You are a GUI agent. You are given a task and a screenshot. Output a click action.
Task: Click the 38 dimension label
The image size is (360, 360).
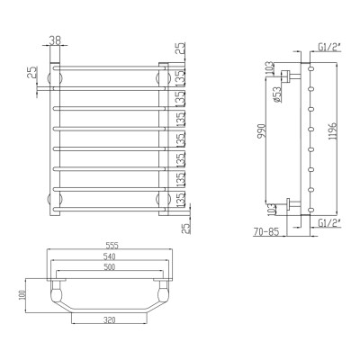(x=55, y=40)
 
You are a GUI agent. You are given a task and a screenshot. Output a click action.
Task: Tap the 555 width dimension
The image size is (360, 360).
(x=112, y=246)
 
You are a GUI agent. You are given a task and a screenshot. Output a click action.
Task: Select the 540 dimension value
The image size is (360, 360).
(x=110, y=256)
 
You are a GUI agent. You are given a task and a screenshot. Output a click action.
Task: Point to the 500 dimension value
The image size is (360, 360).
(x=109, y=266)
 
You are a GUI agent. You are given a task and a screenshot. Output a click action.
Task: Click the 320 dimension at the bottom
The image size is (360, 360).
(x=109, y=319)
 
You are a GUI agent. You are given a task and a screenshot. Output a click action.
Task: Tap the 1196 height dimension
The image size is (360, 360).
(x=336, y=130)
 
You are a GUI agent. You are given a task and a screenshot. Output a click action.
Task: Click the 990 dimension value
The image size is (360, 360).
(x=262, y=130)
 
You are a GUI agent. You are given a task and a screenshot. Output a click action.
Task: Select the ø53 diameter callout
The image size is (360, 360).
(x=277, y=94)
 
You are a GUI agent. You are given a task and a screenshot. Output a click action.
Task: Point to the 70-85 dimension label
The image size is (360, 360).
(x=266, y=231)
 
